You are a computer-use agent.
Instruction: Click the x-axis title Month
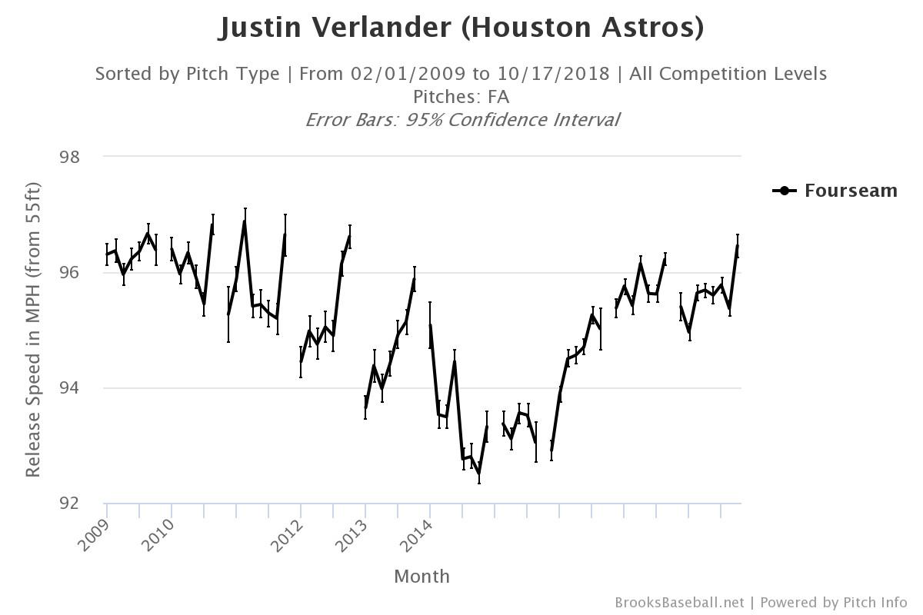click(422, 577)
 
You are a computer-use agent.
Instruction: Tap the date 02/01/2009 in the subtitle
click(408, 74)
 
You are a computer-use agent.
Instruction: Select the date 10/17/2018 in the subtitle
click(551, 74)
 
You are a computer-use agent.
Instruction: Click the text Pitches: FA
click(461, 97)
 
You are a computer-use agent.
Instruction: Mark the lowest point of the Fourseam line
click(479, 474)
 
